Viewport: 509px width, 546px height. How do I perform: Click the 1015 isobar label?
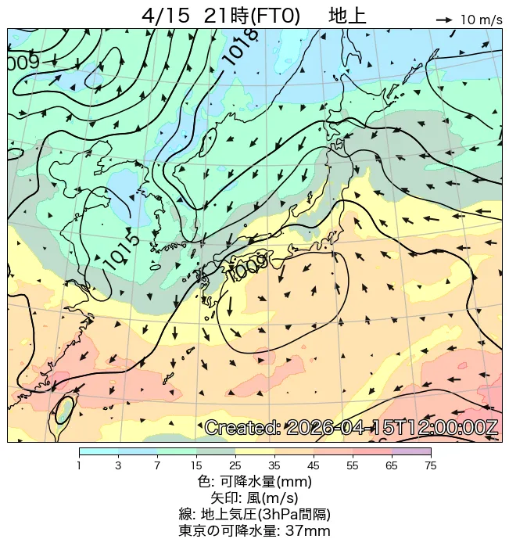pyautogui.click(x=121, y=250)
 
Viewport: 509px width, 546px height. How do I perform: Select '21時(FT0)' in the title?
pyautogui.click(x=251, y=16)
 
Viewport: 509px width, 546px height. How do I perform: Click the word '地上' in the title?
pyautogui.click(x=347, y=16)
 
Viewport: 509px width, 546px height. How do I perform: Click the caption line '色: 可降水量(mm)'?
pyautogui.click(x=254, y=482)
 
